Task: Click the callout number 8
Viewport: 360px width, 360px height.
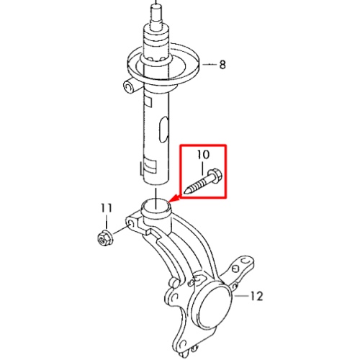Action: point(222,65)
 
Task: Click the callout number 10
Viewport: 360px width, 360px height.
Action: point(203,155)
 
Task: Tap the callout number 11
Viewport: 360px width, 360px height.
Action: point(107,208)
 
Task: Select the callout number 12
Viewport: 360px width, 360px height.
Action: point(256,296)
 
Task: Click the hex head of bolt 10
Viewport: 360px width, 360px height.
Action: point(215,175)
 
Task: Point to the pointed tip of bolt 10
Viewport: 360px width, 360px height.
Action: point(186,192)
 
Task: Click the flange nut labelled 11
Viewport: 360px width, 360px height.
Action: point(104,238)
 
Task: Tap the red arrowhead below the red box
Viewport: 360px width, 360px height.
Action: point(174,199)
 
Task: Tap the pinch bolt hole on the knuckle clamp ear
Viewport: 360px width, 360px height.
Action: point(131,224)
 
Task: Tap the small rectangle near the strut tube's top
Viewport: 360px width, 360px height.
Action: point(148,102)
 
